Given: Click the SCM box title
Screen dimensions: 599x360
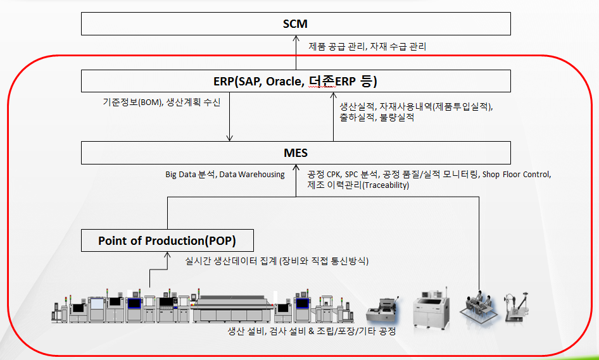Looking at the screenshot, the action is click(x=295, y=23).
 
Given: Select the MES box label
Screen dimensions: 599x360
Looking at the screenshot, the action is click(x=296, y=152).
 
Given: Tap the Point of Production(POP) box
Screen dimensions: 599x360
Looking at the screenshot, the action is click(x=167, y=240).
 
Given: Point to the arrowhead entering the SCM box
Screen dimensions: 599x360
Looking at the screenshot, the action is click(x=296, y=38).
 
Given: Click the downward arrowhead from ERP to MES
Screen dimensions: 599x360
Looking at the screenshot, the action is click(x=230, y=138).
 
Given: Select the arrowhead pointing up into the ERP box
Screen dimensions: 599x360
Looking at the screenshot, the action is click(x=333, y=95).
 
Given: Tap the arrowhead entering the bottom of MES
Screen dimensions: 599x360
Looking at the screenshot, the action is click(x=296, y=167).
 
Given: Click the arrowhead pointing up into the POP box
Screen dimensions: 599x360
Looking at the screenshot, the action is click(x=167, y=254).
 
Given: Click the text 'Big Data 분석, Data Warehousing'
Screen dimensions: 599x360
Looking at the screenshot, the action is click(x=225, y=175).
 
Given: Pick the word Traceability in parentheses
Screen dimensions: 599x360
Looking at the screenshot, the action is click(x=386, y=185).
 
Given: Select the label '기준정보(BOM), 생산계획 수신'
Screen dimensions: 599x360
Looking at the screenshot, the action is click(x=161, y=102).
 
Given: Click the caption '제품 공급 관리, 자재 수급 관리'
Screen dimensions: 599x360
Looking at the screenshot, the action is click(x=367, y=47).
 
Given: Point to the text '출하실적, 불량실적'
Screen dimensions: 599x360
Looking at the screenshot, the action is click(x=377, y=117).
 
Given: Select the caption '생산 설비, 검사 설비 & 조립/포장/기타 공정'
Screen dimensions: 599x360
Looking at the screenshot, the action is click(x=312, y=331).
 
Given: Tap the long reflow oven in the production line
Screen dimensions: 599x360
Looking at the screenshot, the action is click(x=232, y=309).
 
